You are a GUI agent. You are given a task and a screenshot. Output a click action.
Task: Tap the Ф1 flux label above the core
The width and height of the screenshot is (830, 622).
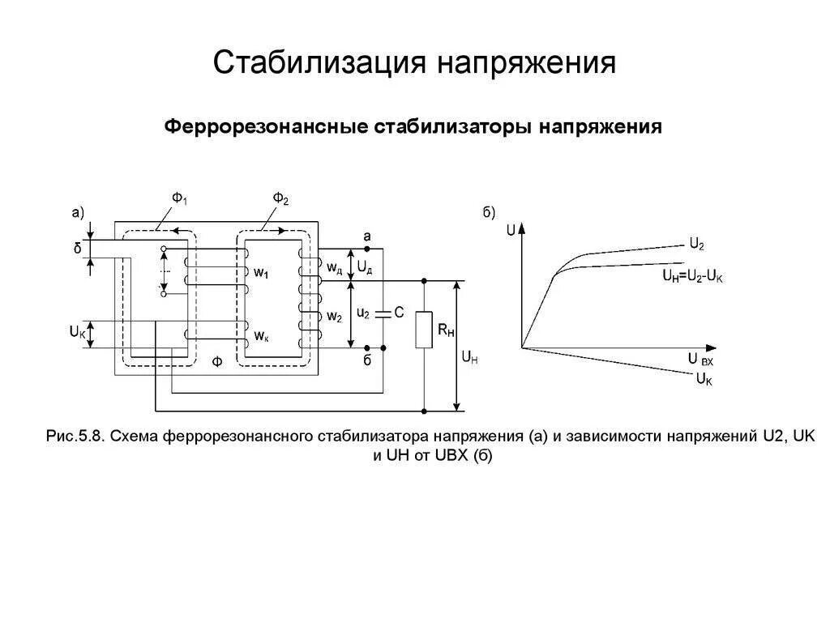click(x=179, y=199)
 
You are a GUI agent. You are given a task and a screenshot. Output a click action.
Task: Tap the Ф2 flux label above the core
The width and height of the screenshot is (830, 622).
click(x=280, y=199)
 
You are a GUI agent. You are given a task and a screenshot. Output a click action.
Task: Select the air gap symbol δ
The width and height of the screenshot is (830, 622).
click(x=78, y=249)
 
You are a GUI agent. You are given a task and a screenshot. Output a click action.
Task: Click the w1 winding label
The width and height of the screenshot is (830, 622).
click(x=261, y=274)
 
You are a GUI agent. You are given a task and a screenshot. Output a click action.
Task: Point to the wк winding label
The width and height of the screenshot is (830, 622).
click(x=261, y=334)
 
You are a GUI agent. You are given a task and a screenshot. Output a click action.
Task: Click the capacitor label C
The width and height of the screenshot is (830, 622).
click(x=400, y=313)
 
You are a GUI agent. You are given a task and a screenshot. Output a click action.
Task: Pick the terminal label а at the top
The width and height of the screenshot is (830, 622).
click(x=366, y=236)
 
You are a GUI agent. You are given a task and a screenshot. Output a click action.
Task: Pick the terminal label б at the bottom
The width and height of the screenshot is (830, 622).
click(x=366, y=360)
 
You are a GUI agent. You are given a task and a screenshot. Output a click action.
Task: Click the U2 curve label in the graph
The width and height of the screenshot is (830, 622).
click(x=696, y=243)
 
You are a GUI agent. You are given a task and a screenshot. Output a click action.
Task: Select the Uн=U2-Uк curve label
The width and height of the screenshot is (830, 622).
click(x=692, y=276)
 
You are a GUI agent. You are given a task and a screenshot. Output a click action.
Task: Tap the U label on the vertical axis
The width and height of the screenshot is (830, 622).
click(x=510, y=229)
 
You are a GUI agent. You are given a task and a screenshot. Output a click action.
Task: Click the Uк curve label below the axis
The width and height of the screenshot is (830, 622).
click(x=704, y=378)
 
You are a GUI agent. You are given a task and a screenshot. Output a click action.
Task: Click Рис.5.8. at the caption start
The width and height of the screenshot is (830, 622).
click(x=76, y=437)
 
